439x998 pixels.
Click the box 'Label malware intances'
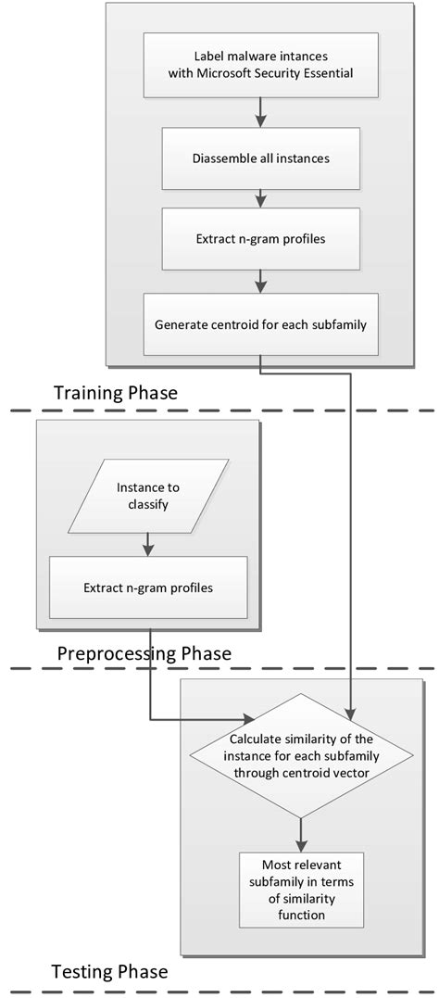[260, 65]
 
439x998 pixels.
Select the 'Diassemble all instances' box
[260, 158]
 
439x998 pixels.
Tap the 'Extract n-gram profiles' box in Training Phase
[260, 238]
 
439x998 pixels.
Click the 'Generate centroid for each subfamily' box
[260, 323]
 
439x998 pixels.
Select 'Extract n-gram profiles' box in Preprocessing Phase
[148, 587]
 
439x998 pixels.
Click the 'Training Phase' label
[116, 393]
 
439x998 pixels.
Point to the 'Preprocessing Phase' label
[144, 653]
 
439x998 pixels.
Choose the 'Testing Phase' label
[109, 972]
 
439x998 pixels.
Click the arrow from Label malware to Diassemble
[260, 112]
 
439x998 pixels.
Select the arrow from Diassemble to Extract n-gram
[260, 197]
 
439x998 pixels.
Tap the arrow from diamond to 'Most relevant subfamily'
[298, 831]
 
